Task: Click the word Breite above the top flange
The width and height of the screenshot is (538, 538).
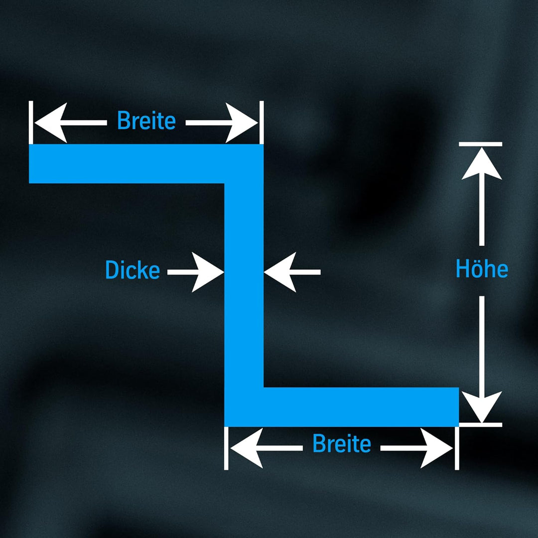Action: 146,121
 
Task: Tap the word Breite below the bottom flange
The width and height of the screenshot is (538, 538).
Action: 342,443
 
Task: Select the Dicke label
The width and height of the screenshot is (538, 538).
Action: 133,269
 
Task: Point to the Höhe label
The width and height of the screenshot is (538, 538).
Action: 482,269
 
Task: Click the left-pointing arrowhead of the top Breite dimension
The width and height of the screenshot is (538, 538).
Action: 51,123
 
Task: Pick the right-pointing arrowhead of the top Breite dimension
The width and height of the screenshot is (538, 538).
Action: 242,123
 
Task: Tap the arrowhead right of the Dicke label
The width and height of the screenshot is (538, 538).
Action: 208,272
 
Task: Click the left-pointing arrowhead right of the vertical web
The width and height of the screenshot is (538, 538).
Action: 280,272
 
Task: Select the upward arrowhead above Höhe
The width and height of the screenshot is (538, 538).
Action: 482,164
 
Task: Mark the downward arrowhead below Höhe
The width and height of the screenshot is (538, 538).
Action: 482,407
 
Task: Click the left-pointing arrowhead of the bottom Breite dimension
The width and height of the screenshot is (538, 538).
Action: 247,448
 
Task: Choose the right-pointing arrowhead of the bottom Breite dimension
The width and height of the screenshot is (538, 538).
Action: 437,448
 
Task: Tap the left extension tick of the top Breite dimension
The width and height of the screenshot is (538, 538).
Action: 31,123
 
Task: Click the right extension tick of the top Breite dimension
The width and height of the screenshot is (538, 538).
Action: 262,123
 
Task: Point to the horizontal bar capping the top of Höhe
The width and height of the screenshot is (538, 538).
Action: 480,144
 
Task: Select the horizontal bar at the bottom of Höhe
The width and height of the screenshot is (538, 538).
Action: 480,425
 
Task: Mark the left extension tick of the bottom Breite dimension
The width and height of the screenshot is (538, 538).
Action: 226,448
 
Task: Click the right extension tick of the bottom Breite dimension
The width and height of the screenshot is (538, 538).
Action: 457,448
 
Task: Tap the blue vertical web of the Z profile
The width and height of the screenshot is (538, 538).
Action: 244,285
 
